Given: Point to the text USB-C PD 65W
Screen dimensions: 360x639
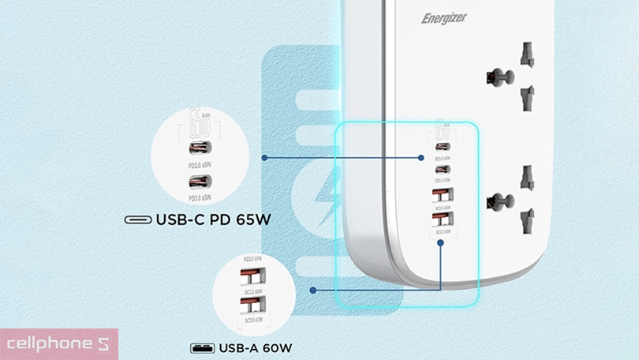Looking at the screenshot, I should pyautogui.click(x=213, y=219).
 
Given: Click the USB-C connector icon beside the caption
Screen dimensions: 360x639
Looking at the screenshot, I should pyautogui.click(x=138, y=220).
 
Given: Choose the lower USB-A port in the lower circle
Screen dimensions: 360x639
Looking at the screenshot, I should pyautogui.click(x=252, y=305).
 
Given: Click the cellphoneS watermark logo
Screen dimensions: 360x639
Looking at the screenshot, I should pyautogui.click(x=58, y=344).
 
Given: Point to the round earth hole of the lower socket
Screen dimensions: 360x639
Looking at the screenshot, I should pyautogui.click(x=494, y=202).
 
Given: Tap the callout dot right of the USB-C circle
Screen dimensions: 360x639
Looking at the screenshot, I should pyautogui.click(x=264, y=158).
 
